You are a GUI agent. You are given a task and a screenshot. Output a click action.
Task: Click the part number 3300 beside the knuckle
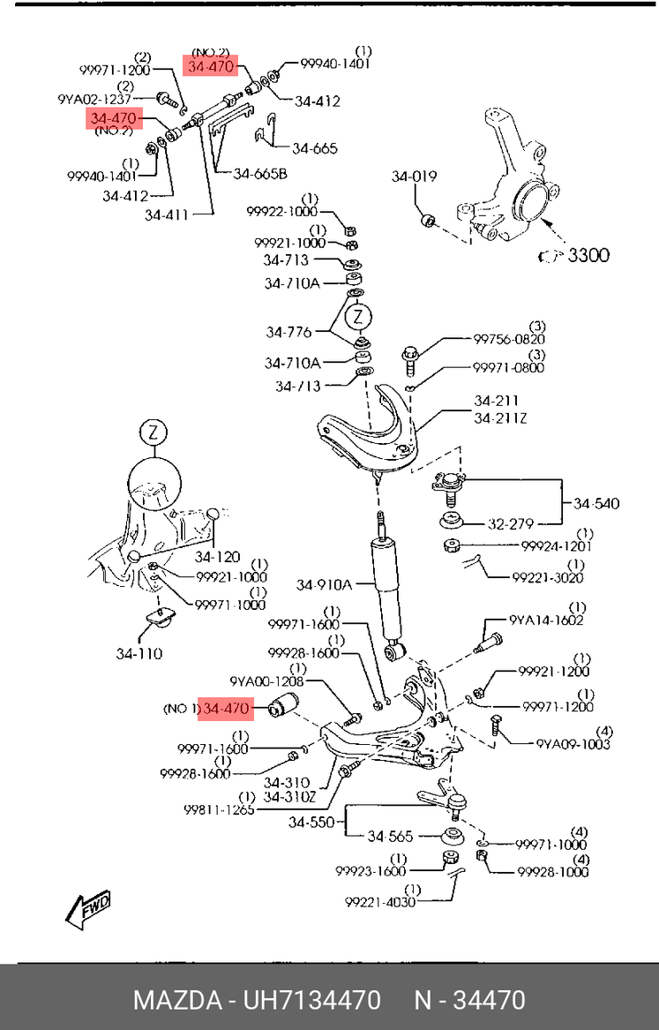[x=588, y=256]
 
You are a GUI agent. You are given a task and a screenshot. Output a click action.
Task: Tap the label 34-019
[x=414, y=177]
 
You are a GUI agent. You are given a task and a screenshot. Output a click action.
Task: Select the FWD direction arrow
[x=86, y=906]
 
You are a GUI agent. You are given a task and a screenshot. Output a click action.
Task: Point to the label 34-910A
[x=324, y=584]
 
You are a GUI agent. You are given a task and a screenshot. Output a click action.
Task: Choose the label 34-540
[x=595, y=504]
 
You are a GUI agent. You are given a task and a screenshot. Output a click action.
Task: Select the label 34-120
[x=217, y=557]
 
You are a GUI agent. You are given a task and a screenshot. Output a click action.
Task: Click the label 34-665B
[x=260, y=173]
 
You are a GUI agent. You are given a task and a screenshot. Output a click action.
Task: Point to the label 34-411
[x=168, y=214]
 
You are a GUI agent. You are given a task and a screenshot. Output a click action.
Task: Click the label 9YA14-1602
[x=546, y=620]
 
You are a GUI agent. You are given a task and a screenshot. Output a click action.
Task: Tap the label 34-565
[x=389, y=836]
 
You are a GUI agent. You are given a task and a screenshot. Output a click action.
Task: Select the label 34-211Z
[x=499, y=417]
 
